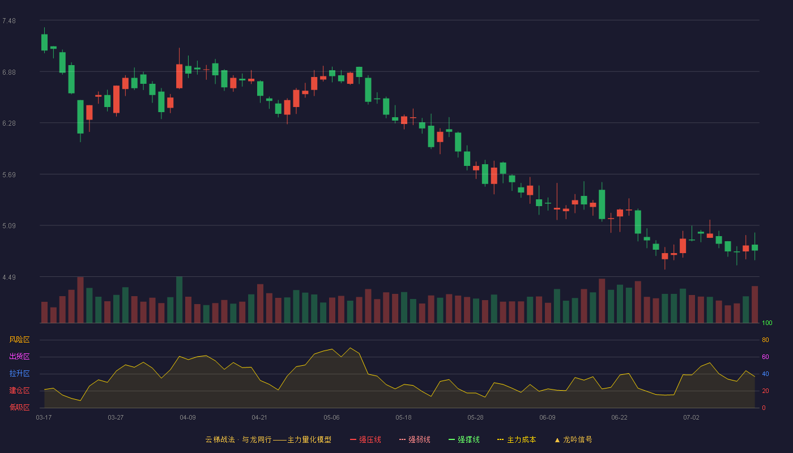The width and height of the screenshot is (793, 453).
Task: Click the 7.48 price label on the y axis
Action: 9,21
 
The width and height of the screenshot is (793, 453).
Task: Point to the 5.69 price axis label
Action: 9,175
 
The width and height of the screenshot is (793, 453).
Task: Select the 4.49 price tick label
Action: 9,277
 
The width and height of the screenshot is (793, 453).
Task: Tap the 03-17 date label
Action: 44,418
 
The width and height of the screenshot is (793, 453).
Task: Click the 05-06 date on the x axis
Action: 331,418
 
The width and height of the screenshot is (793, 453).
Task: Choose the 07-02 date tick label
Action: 691,418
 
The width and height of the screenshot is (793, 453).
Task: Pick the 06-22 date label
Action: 619,418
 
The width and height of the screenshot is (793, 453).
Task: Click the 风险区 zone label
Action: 19,340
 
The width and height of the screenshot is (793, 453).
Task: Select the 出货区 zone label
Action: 19,356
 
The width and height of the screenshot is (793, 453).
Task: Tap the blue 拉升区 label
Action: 19,373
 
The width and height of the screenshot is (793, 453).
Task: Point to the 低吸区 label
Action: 19,407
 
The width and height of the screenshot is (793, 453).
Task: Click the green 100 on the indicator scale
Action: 767,323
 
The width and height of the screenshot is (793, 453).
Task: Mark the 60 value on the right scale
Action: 765,357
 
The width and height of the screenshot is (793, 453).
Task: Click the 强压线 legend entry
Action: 365,440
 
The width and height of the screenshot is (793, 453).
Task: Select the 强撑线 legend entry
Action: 464,440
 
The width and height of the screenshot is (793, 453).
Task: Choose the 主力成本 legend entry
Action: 517,440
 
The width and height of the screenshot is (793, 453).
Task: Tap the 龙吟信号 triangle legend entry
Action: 573,440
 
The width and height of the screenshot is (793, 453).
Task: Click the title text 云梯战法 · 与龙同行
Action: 238,440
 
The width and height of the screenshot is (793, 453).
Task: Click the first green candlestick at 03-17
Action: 44,42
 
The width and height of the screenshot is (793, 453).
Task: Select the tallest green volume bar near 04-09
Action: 180,300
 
